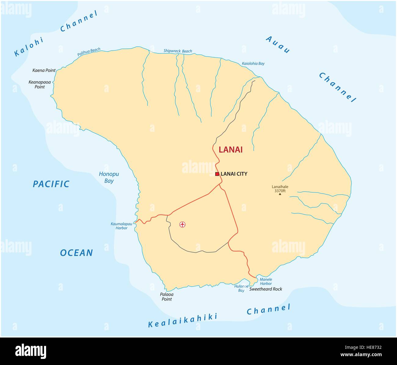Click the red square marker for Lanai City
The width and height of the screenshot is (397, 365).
(x=217, y=174)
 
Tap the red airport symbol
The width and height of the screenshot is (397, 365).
(x=182, y=225)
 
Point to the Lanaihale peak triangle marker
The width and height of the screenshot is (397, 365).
(x=280, y=194)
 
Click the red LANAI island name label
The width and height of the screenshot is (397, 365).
(x=231, y=150)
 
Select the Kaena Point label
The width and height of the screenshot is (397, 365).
(x=44, y=70)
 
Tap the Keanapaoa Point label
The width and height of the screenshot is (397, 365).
(x=39, y=85)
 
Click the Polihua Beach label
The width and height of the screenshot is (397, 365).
(x=89, y=52)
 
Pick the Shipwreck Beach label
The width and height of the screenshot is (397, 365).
(x=178, y=51)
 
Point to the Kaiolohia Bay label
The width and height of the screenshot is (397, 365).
(x=253, y=63)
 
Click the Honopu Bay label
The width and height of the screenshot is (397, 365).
(x=109, y=177)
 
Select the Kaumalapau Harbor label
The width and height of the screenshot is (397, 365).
(x=121, y=226)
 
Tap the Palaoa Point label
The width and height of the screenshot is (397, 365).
(x=166, y=297)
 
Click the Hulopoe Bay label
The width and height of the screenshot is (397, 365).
(x=241, y=288)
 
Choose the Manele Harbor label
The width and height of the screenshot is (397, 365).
(x=265, y=281)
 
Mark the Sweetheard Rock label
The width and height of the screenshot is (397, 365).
(x=266, y=289)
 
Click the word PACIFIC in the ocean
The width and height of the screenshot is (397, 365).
(x=51, y=184)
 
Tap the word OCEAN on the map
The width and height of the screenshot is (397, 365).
(x=76, y=253)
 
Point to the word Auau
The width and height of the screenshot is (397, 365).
(x=278, y=45)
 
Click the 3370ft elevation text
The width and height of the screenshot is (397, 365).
(x=280, y=191)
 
